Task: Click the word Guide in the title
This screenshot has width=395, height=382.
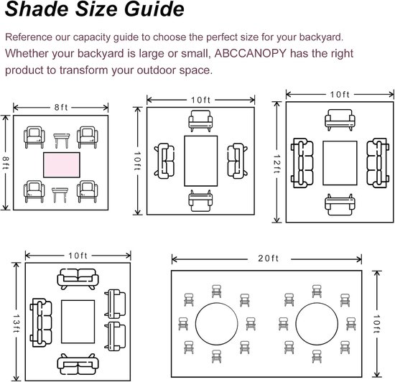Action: [154, 9]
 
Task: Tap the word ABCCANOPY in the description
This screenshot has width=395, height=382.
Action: [251, 53]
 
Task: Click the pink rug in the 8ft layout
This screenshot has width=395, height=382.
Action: [62, 165]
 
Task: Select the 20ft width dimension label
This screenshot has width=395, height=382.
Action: [269, 258]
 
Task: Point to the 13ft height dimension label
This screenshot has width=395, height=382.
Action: [17, 323]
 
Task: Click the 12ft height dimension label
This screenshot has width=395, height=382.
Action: [276, 164]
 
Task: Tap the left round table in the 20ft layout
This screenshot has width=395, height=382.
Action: [217, 324]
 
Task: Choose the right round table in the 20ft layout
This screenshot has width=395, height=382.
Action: [317, 324]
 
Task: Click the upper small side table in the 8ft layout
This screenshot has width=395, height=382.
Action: [62, 141]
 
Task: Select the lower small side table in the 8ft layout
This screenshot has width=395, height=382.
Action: [60, 195]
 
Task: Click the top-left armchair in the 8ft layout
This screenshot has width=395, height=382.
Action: [34, 137]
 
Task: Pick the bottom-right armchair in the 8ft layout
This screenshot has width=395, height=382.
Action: [87, 192]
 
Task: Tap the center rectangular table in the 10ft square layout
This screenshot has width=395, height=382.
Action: [201, 161]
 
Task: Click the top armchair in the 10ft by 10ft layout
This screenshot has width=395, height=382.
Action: [200, 121]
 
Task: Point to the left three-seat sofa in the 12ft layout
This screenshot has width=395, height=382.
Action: [302, 163]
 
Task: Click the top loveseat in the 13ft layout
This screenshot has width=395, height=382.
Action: [78, 279]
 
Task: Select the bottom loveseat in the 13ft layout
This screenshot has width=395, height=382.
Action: [78, 364]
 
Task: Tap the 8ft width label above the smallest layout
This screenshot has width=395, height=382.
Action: [61, 108]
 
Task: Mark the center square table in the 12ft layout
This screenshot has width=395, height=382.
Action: [340, 163]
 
